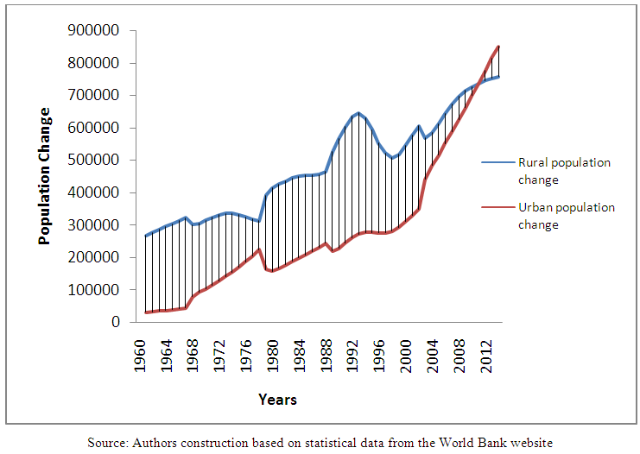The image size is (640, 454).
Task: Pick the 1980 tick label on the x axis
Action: point(272,350)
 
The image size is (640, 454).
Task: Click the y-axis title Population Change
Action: point(44,176)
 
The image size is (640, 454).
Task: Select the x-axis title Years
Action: point(277,400)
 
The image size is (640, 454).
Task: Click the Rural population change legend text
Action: point(576,171)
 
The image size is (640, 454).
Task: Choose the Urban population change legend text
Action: point(578,216)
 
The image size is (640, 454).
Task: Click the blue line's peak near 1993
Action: point(358,112)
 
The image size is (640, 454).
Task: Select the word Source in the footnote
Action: point(106,442)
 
